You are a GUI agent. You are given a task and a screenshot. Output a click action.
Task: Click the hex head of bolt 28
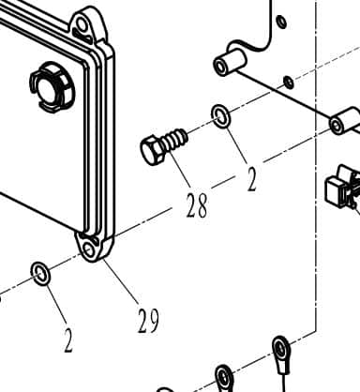[152, 151]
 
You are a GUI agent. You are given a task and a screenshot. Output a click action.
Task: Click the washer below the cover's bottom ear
[41, 274]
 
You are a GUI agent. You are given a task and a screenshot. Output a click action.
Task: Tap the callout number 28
[196, 205]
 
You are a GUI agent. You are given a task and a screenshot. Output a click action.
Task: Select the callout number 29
[147, 321]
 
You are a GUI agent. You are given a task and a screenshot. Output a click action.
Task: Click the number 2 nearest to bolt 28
[251, 178]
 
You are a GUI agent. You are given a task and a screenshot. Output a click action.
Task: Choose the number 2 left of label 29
[68, 340]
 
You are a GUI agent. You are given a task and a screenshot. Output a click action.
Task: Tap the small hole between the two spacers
[288, 83]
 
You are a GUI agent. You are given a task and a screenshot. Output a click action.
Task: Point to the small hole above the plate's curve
[280, 20]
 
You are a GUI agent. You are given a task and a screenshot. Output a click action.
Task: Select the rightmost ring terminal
[280, 349]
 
